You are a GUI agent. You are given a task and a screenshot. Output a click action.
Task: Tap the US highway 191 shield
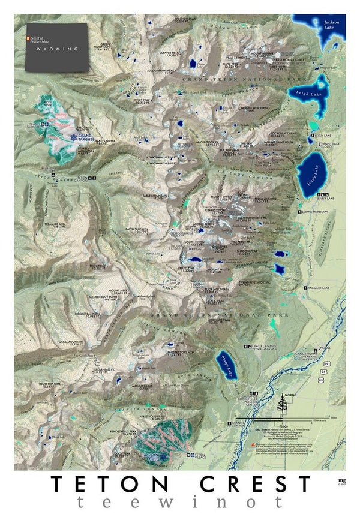tap(325, 363)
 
